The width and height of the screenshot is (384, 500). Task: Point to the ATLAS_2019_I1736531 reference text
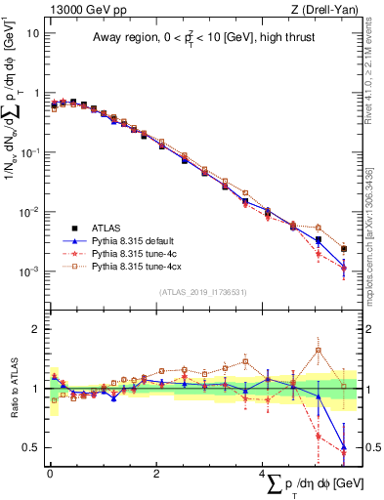(x=203, y=292)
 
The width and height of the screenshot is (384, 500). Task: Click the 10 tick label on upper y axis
(x=33, y=32)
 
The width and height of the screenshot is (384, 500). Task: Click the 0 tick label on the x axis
(x=50, y=473)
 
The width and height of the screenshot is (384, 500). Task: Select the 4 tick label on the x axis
(x=262, y=473)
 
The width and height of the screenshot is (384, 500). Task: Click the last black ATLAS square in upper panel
(x=343, y=249)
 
